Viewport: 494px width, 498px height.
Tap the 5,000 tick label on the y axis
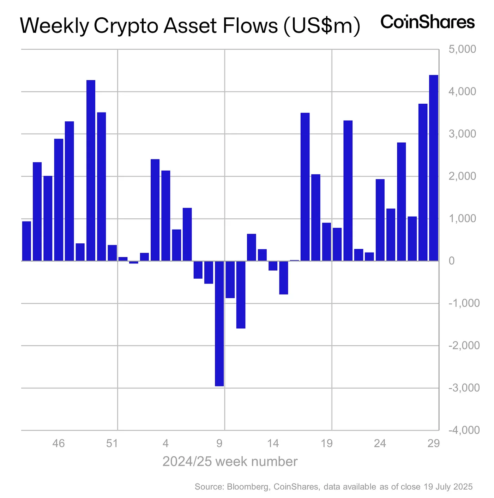(462, 49)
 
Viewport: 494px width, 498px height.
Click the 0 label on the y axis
(451, 261)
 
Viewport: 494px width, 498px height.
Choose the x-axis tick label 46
(59, 443)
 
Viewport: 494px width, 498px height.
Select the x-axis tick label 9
(219, 443)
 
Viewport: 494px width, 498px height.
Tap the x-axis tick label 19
(327, 443)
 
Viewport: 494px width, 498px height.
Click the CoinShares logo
(427, 22)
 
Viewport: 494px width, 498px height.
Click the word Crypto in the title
(126, 26)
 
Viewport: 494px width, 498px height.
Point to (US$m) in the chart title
(321, 26)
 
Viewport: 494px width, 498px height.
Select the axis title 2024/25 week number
(230, 461)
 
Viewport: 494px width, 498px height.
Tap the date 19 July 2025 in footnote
(448, 487)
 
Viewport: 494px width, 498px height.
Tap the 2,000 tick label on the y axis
(462, 176)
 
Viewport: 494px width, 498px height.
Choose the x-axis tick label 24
(380, 443)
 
